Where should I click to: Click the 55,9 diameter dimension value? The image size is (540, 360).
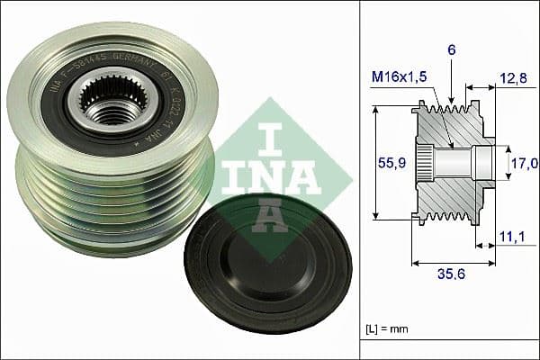[x=388, y=163]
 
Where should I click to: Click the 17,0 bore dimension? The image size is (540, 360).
[x=524, y=163]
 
